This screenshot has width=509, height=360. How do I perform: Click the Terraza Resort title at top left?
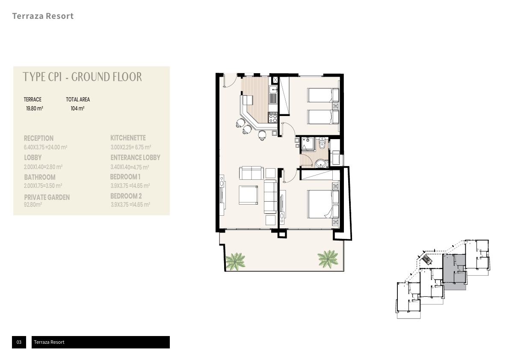point(43,16)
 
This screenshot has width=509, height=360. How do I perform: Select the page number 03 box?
point(19,342)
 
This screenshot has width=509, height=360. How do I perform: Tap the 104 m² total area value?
point(77,109)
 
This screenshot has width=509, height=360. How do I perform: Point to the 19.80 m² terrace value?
point(35,109)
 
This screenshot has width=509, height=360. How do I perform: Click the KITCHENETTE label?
point(128,138)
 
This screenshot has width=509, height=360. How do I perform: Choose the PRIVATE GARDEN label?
point(47,197)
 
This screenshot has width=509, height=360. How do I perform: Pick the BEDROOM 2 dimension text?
point(130,205)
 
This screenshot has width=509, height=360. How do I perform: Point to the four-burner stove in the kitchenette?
point(272,117)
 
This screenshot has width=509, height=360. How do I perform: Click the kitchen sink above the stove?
point(273,89)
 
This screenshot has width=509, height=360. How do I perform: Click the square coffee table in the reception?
point(248,195)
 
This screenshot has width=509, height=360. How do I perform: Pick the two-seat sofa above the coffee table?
point(251,173)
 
